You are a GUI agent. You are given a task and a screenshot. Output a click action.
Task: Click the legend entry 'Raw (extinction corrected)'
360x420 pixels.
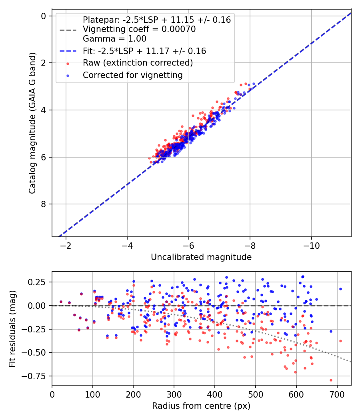pyautogui.click(x=138, y=63)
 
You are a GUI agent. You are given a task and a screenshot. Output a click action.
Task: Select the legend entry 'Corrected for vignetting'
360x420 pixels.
pyautogui.click(x=132, y=75)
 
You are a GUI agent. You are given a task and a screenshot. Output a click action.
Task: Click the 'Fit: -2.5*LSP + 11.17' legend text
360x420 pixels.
pyautogui.click(x=144, y=51)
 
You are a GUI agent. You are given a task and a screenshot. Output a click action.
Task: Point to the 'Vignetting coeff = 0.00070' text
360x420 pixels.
pyautogui.click(x=139, y=29)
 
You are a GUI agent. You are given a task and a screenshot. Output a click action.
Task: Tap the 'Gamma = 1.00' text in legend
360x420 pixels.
pyautogui.click(x=114, y=39)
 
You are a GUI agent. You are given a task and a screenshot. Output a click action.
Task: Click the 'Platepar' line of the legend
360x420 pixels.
pyautogui.click(x=156, y=20)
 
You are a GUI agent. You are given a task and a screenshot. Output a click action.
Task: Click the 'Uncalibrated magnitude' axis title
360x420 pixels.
pyautogui.click(x=201, y=257)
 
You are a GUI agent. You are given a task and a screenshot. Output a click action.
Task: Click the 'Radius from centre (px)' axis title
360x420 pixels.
pyautogui.click(x=201, y=406)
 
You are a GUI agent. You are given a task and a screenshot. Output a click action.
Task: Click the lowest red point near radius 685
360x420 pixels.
pyautogui.click(x=331, y=380)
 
